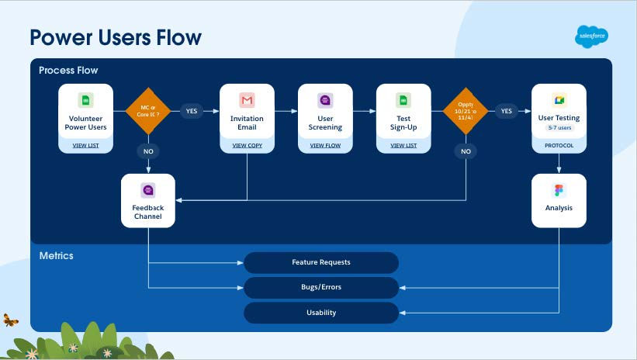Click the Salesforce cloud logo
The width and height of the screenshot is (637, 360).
591,36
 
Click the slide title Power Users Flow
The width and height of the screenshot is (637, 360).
116,37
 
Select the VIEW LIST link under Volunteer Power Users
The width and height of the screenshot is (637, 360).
85,145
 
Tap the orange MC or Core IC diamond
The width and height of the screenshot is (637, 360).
147,111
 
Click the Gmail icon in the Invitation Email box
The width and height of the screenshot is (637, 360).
247,101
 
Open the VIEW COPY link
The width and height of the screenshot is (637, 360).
247,145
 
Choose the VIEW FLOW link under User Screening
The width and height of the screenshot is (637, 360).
325,145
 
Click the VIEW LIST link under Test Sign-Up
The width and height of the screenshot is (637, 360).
403,145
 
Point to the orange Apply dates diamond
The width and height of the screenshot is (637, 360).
466,111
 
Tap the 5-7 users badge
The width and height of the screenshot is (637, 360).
559,127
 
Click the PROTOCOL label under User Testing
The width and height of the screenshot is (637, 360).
559,145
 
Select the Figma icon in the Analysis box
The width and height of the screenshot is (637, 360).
559,190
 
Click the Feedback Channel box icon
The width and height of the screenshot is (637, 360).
148,190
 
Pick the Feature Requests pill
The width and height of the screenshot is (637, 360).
321,262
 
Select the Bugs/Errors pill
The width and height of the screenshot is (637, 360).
321,287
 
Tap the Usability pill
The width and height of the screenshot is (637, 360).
321,313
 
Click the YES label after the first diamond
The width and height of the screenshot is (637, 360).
192,111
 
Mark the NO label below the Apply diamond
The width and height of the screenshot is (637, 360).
466,152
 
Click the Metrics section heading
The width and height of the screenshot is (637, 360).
57,255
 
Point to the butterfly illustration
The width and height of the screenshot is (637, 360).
11,319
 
